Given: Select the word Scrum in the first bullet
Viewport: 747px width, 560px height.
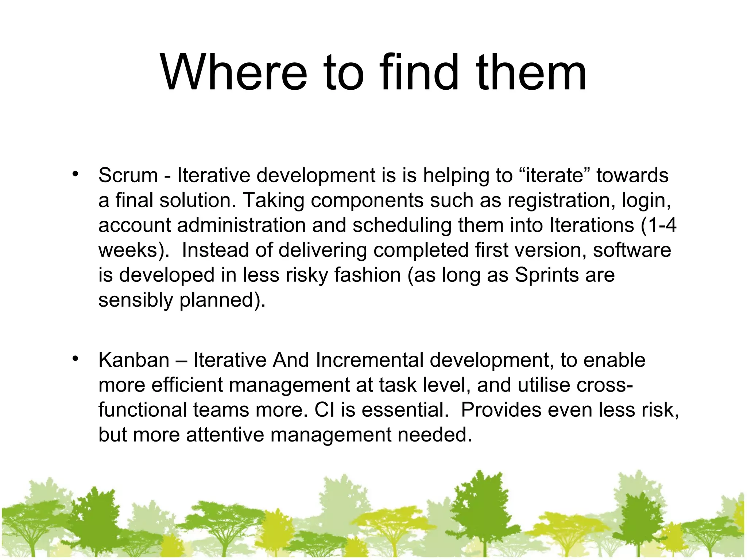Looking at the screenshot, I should point(128,175).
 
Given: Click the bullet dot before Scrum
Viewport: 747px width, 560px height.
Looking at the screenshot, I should point(76,174).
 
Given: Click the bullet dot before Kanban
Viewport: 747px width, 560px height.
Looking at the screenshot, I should point(76,359).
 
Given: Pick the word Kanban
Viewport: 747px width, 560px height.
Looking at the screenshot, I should point(134,360).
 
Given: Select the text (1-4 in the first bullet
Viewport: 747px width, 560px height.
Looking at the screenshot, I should point(658,225).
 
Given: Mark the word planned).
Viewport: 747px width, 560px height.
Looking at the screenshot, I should point(222,300).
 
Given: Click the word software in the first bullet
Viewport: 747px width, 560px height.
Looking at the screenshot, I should point(632,250).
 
